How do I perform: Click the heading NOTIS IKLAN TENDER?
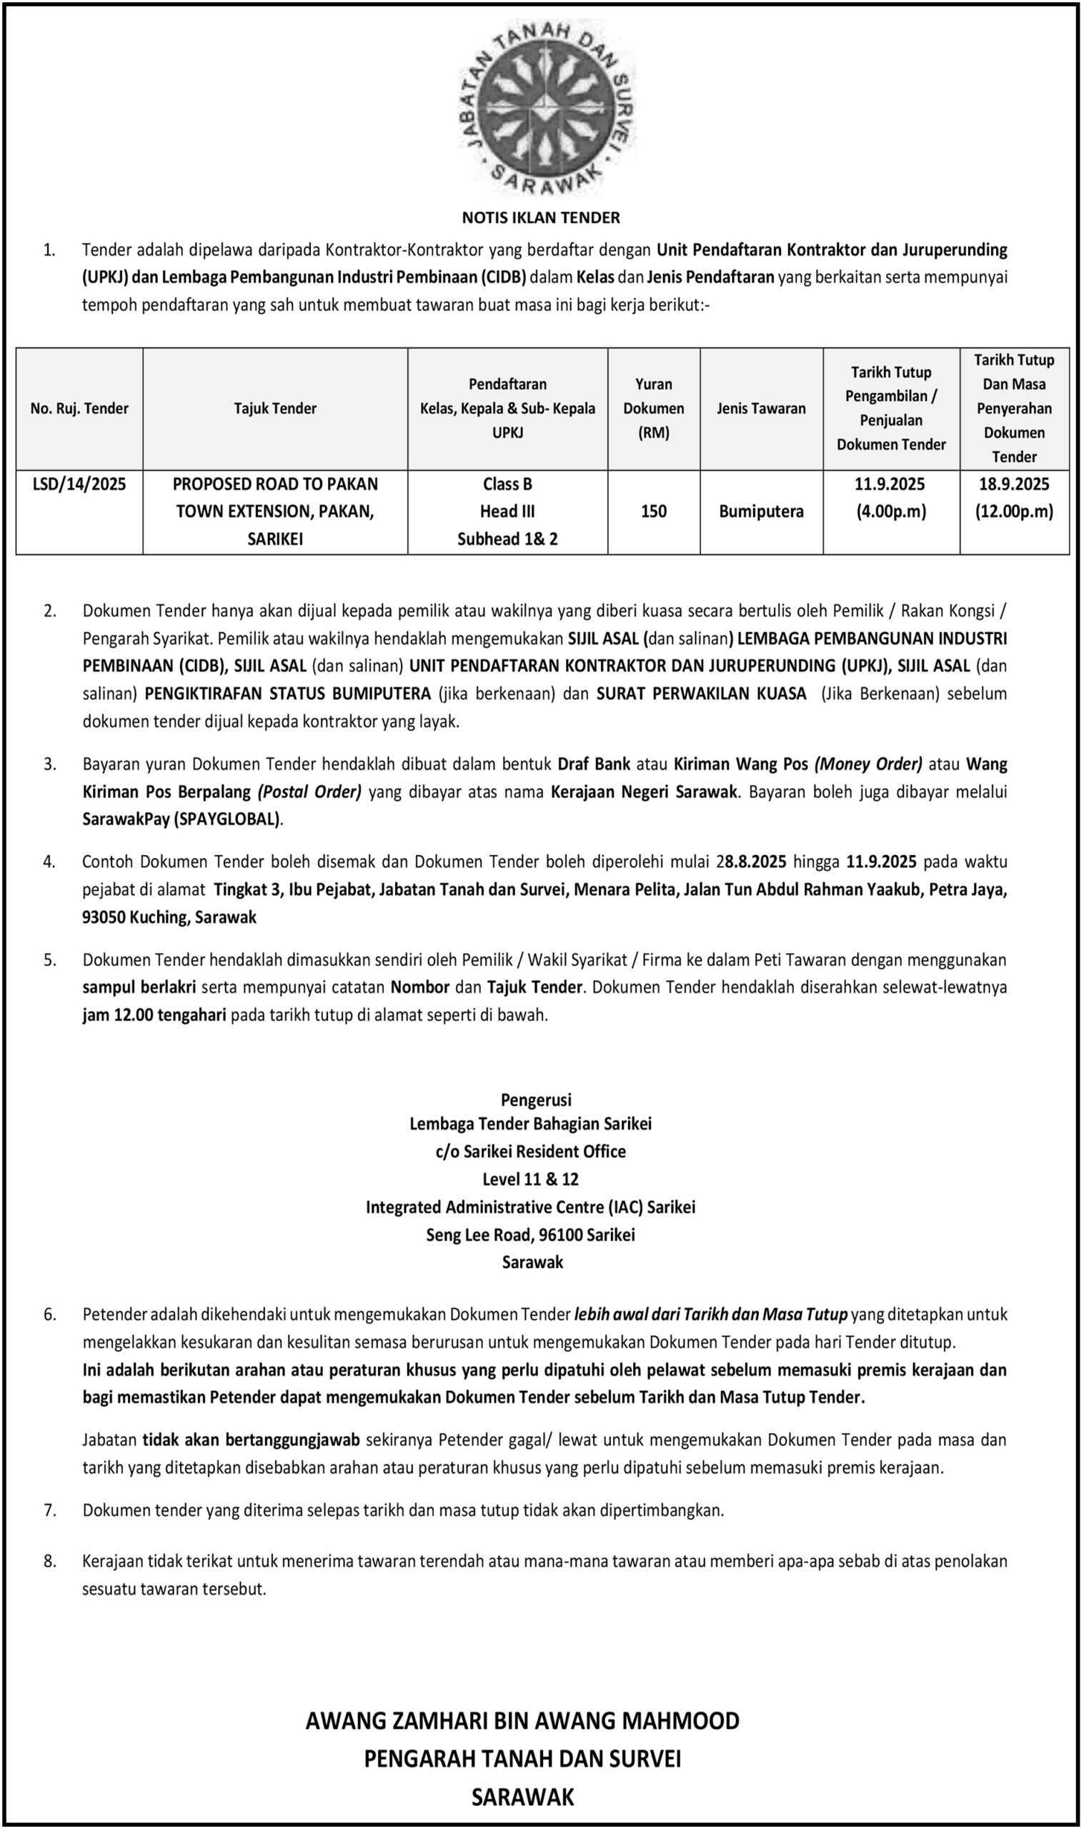[540, 218]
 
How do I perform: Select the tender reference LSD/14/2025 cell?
[79, 484]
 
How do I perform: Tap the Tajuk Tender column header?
[274, 409]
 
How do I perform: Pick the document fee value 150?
[653, 512]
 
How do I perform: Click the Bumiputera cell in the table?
[761, 512]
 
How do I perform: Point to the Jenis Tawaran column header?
[761, 409]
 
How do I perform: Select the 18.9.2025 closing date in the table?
[1014, 484]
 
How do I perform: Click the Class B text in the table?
[507, 484]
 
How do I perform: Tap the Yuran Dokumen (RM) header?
[653, 409]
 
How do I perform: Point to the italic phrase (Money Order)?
[867, 764]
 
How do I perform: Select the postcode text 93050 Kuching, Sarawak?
[169, 918]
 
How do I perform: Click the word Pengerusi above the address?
[536, 1100]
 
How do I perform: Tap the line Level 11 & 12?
[531, 1179]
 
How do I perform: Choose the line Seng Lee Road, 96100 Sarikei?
[531, 1235]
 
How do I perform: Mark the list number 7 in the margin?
[50, 1510]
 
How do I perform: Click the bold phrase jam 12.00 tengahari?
[154, 1015]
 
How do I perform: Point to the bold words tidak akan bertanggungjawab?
[251, 1440]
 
